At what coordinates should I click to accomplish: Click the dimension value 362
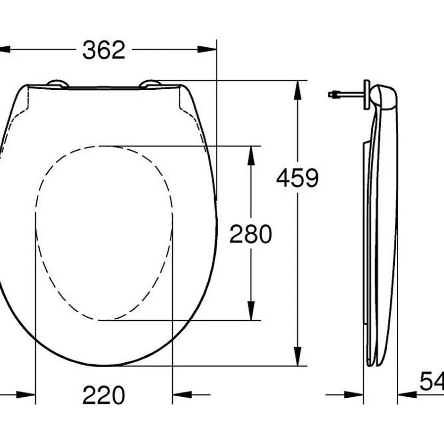(103, 50)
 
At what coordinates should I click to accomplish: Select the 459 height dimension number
(297, 178)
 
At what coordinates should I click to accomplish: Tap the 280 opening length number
(251, 234)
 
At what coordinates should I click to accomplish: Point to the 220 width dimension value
(103, 395)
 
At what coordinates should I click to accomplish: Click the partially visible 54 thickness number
(432, 381)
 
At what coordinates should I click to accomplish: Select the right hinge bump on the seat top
(150, 84)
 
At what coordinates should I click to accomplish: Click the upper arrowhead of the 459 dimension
(297, 90)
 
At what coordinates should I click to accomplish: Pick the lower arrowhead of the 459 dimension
(297, 356)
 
